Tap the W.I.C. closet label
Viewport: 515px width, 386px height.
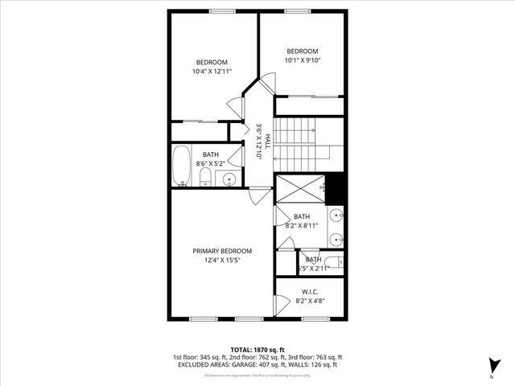click(x=310, y=291)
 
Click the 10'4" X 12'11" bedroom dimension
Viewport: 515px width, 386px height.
click(x=212, y=72)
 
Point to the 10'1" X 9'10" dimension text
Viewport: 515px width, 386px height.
click(x=303, y=60)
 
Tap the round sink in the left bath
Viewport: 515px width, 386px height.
click(x=229, y=179)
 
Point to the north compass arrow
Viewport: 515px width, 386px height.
click(x=492, y=366)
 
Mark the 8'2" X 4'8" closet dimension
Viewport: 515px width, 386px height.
click(x=310, y=301)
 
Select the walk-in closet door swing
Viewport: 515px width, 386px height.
click(x=281, y=305)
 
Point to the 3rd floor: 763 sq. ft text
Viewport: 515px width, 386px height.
click(x=315, y=357)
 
